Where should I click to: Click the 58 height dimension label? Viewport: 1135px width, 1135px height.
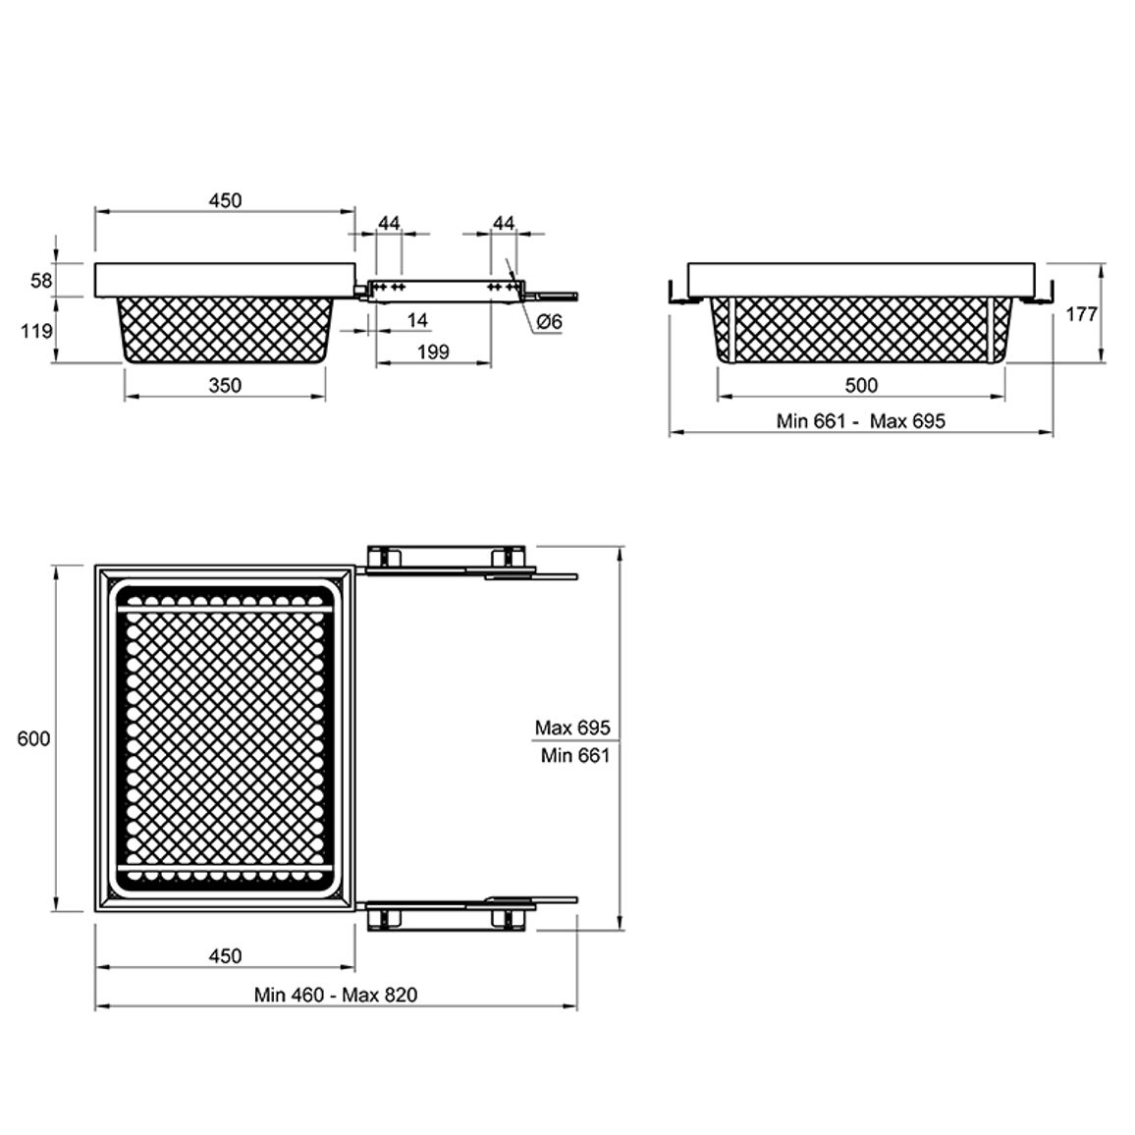point(41,280)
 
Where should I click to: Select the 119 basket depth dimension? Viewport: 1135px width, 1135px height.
point(36,331)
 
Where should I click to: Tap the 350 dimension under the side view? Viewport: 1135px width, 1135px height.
point(225,385)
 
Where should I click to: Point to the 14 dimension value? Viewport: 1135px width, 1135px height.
point(417,320)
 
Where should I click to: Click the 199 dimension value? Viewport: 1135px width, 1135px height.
point(434,351)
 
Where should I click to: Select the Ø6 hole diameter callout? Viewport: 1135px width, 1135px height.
point(550,321)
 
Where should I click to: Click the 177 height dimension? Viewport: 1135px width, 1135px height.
point(1081,314)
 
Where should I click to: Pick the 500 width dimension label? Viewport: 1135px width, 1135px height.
point(861,385)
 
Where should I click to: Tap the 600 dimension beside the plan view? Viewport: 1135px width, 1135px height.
point(34,738)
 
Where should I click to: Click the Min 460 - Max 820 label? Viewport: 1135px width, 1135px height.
point(336,995)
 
